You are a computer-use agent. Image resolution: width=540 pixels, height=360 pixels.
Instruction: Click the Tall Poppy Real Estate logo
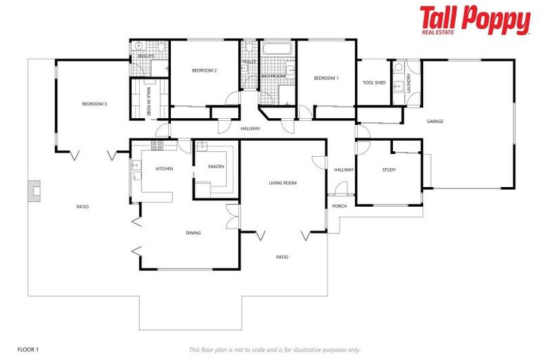[x=475, y=20]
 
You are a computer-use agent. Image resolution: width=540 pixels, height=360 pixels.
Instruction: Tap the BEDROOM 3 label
[x=94, y=104]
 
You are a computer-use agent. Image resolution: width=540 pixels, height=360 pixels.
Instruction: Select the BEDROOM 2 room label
[x=204, y=70]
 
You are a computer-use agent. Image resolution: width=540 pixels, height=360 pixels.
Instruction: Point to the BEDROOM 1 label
[x=326, y=77]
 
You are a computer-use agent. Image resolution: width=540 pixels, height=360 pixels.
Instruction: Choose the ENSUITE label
[x=147, y=56]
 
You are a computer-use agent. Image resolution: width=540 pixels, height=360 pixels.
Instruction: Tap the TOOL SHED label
[x=373, y=82]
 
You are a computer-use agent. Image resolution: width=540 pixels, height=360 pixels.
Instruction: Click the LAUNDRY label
[x=409, y=83]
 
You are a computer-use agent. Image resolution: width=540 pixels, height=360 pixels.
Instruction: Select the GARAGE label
[x=435, y=121]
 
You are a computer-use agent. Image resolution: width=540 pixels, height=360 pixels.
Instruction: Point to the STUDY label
[x=389, y=169]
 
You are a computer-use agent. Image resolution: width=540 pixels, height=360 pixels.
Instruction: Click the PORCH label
[x=340, y=206]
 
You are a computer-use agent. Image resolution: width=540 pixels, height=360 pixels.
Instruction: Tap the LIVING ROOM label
[x=283, y=183]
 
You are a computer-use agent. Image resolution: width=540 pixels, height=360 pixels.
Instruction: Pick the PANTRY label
[x=216, y=167]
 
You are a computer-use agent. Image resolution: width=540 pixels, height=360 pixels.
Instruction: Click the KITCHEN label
[x=165, y=169]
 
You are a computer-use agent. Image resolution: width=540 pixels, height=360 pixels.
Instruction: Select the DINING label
[x=193, y=233]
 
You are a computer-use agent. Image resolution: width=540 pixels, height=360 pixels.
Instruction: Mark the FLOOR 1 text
[x=28, y=349]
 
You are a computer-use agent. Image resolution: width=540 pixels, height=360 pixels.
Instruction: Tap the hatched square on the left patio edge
[x=34, y=192]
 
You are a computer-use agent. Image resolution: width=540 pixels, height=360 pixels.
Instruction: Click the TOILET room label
[x=250, y=62]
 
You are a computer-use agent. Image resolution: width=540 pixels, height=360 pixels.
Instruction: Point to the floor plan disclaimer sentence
[x=274, y=349]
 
